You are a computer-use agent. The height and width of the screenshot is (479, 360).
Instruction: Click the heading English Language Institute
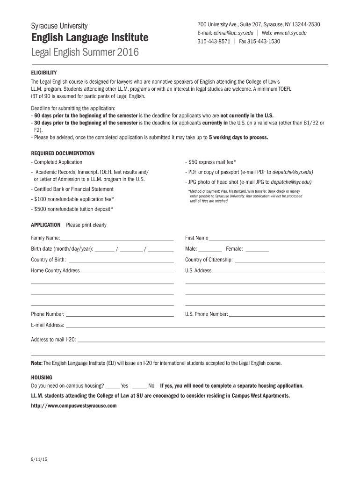[90, 37]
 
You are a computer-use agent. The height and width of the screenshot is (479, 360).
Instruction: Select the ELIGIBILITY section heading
[44, 73]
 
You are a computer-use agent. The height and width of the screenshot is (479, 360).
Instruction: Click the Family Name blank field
[117, 238]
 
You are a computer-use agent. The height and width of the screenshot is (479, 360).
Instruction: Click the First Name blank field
[266, 238]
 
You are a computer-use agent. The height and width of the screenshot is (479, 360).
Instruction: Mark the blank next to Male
[210, 249]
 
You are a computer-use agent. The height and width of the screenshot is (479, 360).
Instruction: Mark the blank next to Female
[257, 249]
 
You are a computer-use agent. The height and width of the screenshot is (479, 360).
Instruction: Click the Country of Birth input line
[121, 260]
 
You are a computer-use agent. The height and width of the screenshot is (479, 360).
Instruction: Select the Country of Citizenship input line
[280, 260]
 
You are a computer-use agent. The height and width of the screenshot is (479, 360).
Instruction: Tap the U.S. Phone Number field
[277, 314]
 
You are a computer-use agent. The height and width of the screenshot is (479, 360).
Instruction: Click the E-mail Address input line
[195, 326]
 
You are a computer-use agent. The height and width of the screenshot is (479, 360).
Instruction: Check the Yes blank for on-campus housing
[113, 386]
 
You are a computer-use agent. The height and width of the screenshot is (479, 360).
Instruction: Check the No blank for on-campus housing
[140, 386]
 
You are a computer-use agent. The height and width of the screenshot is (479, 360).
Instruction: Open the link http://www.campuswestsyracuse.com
[74, 406]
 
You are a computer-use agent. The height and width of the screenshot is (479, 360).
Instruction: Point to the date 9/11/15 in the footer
[40, 459]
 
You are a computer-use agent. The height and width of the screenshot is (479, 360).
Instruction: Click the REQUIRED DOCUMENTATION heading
[63, 153]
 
